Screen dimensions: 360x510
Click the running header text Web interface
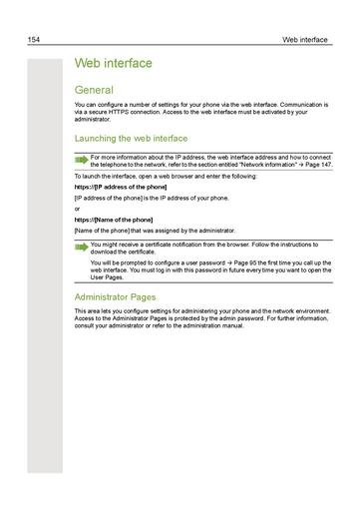click(x=304, y=40)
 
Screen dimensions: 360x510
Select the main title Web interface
click(x=113, y=64)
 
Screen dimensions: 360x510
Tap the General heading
click(x=95, y=90)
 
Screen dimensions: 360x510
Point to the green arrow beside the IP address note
click(x=81, y=159)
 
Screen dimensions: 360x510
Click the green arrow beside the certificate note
click(x=81, y=245)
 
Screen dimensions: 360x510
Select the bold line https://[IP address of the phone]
click(x=121, y=187)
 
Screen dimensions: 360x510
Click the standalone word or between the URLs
click(x=78, y=209)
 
